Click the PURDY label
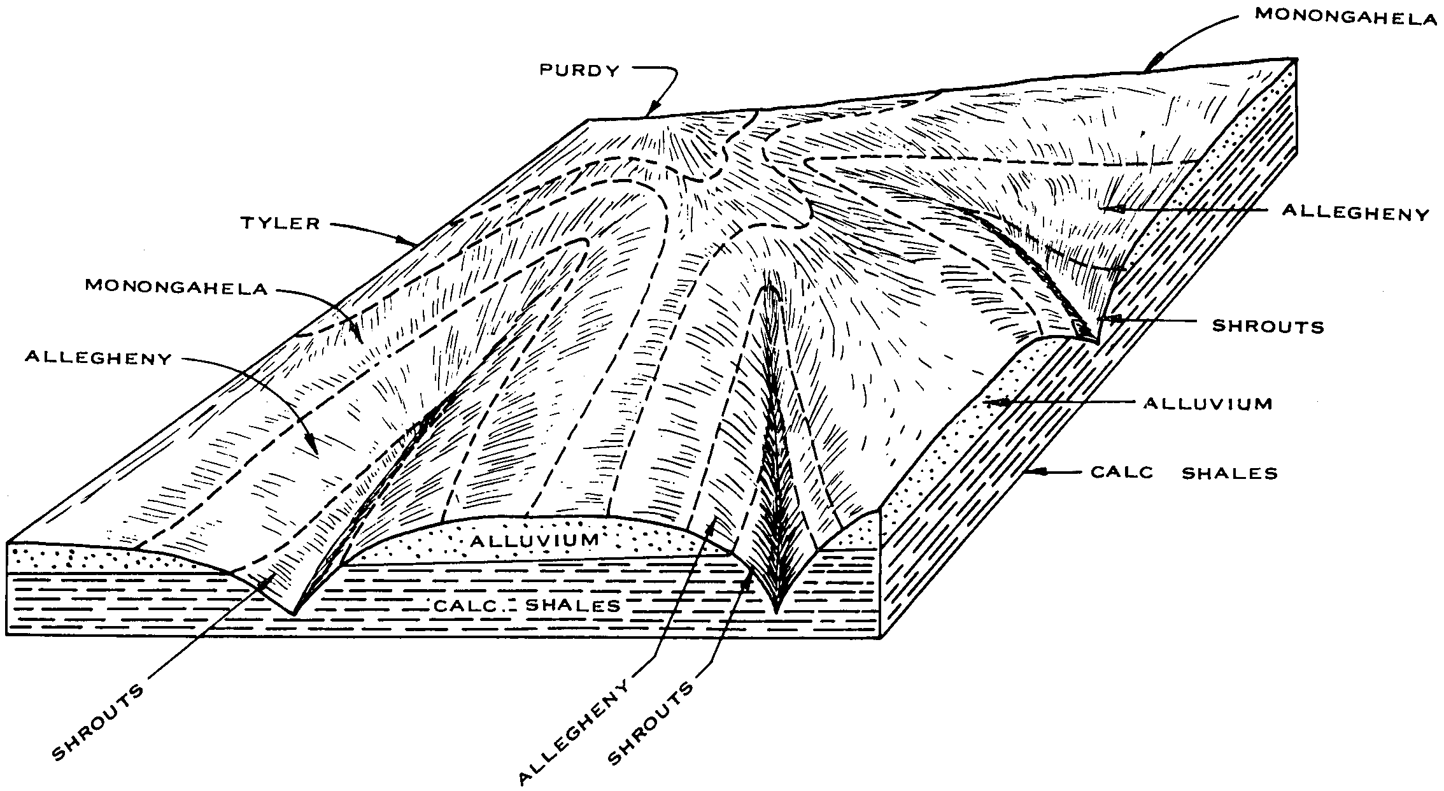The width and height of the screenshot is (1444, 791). [579, 70]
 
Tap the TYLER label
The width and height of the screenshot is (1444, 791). [281, 223]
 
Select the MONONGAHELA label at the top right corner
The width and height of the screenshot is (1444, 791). [1346, 17]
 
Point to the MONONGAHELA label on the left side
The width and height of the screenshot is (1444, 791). [176, 288]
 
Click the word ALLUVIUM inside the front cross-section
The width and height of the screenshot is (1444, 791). [535, 541]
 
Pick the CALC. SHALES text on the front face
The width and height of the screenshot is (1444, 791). [527, 605]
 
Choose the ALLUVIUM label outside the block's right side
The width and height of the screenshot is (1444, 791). [1208, 403]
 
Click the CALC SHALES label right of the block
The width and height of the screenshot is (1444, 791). [1184, 473]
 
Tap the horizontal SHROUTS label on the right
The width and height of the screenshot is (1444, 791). [1268, 326]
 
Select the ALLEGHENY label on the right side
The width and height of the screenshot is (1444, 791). [1356, 213]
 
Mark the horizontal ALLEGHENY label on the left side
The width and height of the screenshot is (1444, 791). [98, 359]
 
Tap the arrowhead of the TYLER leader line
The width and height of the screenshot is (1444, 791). [408, 242]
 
